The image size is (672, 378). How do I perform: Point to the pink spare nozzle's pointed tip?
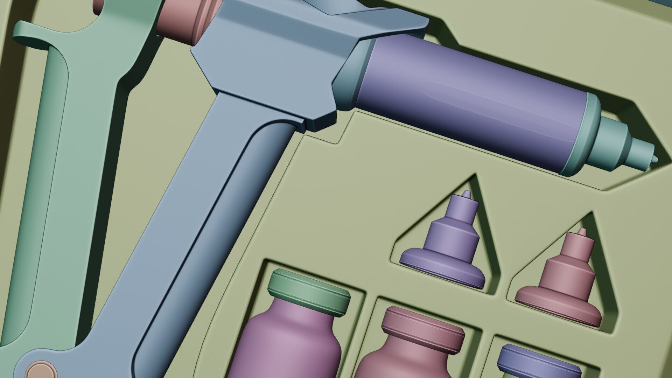coord(581,231)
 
